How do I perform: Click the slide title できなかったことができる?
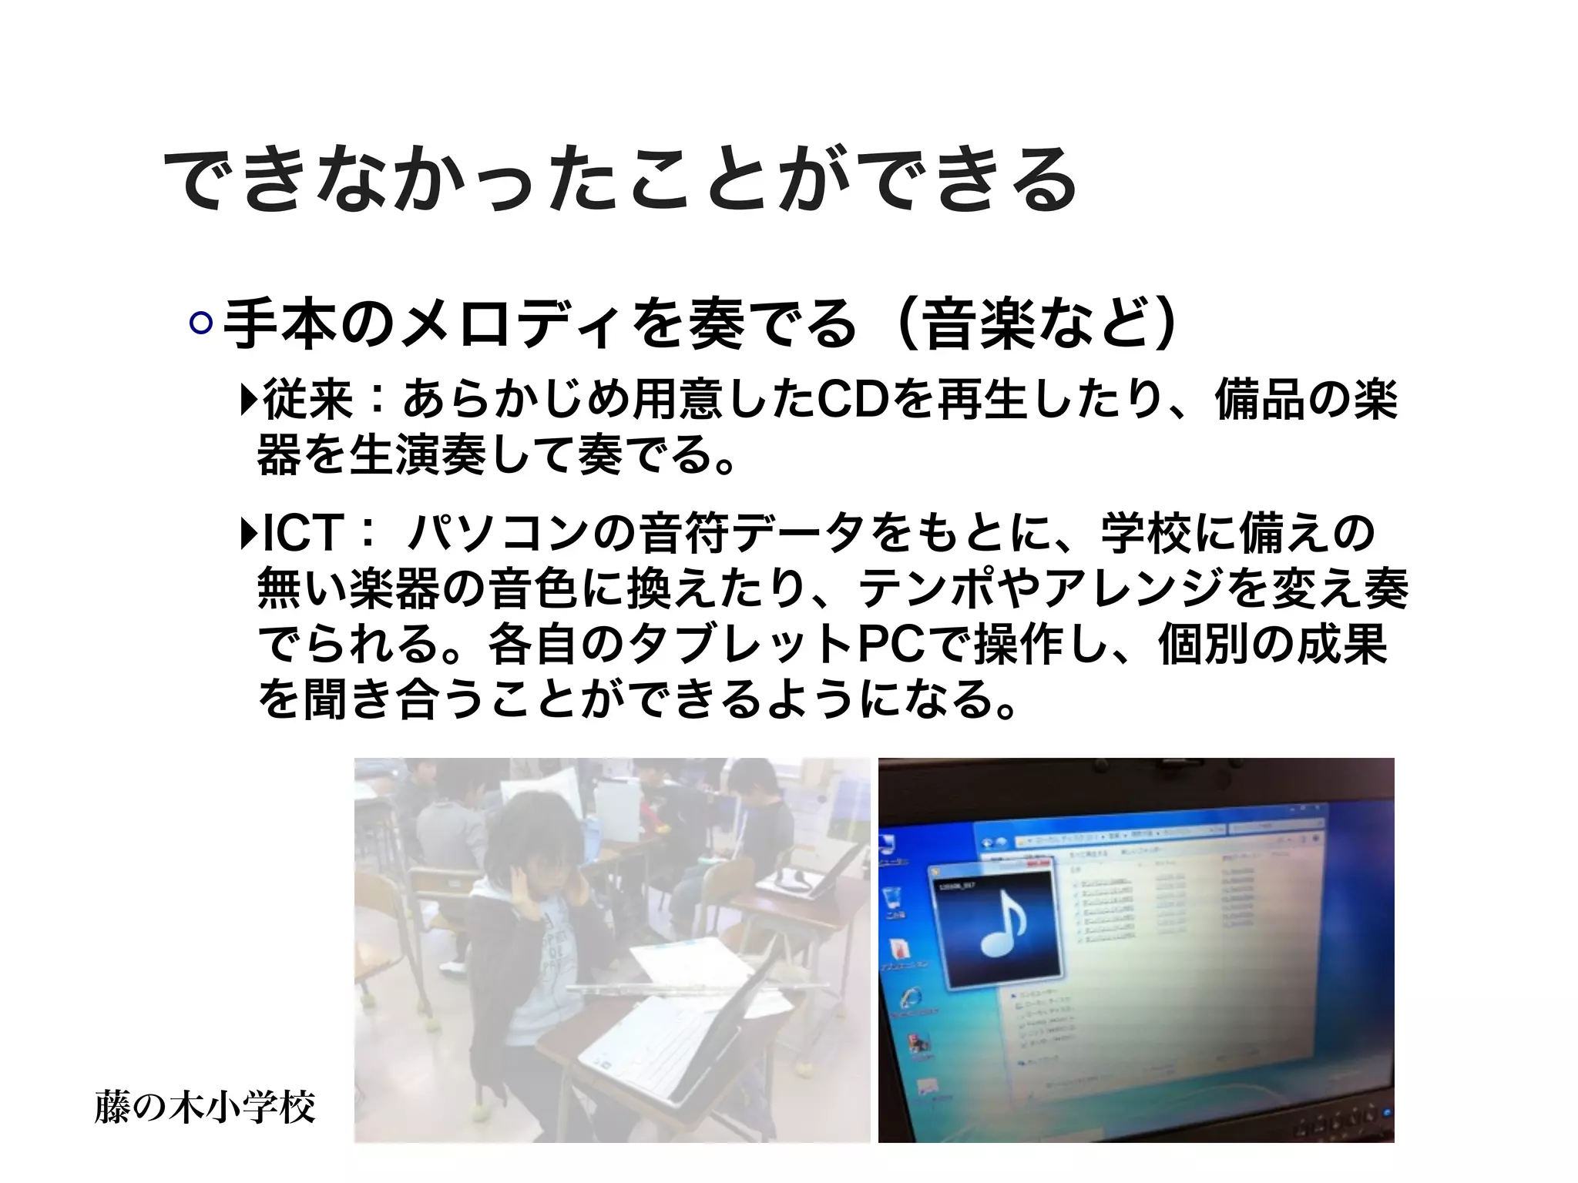(620, 180)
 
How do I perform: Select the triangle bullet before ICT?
(248, 533)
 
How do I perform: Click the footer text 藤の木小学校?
(205, 1108)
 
